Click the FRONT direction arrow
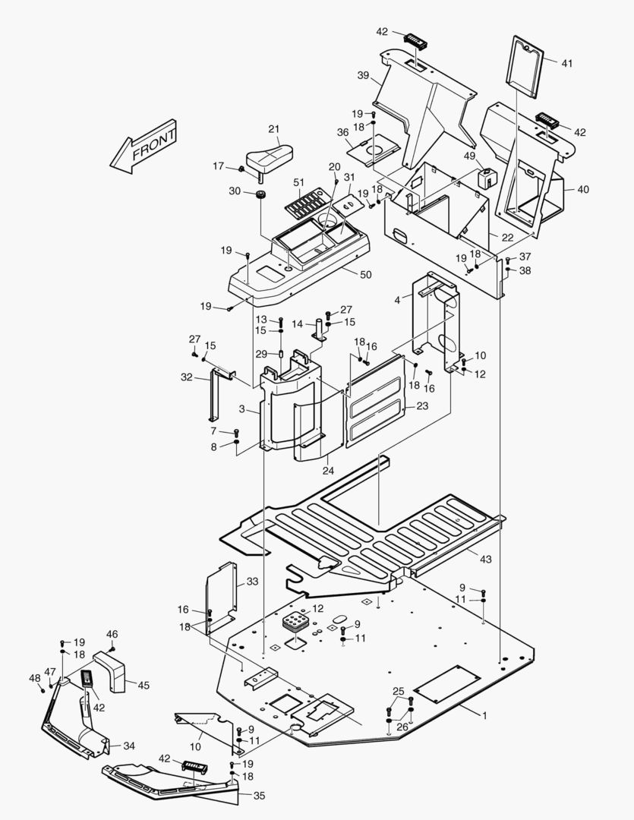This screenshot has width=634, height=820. (144, 146)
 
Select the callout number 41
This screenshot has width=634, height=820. (567, 63)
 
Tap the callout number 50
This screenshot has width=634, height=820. (366, 274)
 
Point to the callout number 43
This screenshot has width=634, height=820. (485, 559)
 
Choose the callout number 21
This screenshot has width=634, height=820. (274, 128)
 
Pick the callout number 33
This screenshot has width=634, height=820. (252, 582)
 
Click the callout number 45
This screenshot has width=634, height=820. (143, 685)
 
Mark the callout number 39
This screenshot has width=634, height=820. (363, 75)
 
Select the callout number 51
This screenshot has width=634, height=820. (298, 182)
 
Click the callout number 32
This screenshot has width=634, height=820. (187, 377)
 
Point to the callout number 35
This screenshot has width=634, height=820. (260, 796)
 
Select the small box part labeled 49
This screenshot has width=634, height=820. (486, 178)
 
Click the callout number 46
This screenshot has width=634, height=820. (112, 634)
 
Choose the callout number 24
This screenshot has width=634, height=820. (328, 471)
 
